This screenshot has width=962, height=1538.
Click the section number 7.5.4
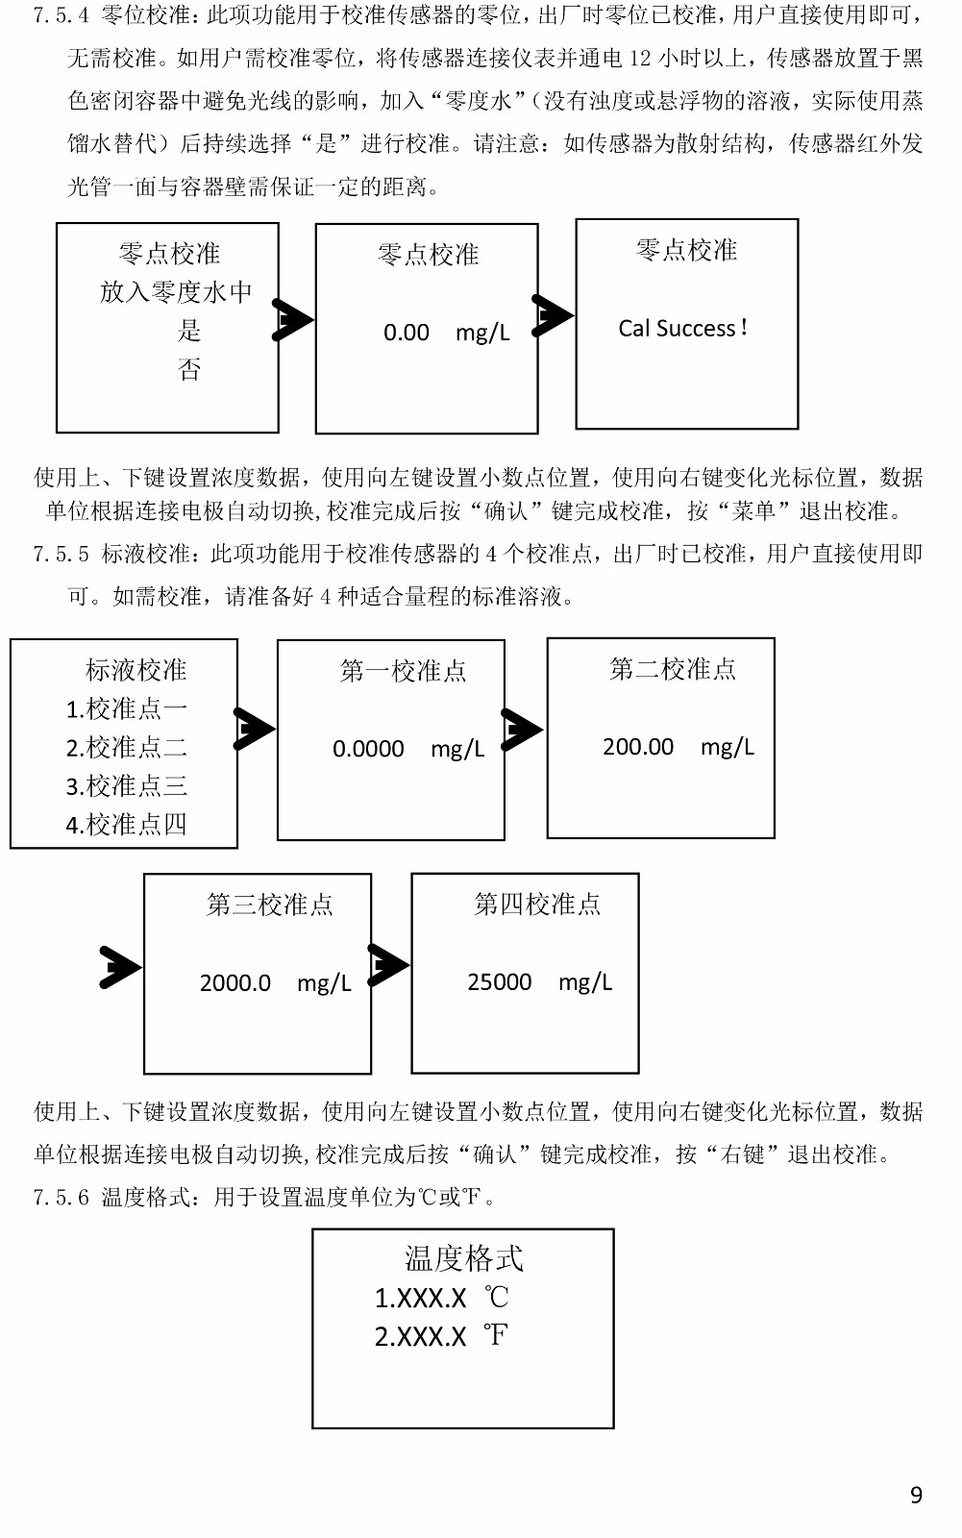tap(62, 15)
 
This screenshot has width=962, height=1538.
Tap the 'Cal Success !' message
tap(682, 328)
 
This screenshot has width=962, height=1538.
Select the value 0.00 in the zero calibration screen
tap(407, 333)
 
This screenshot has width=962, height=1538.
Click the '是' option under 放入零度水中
tap(189, 331)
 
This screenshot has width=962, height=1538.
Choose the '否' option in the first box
tap(189, 369)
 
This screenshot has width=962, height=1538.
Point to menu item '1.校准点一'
tap(126, 708)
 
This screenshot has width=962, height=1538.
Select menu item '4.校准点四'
tap(126, 824)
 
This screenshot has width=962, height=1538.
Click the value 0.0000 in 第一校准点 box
tap(368, 749)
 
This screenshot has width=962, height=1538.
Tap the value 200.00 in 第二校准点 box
tap(638, 746)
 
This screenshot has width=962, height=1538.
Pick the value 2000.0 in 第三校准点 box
tap(234, 983)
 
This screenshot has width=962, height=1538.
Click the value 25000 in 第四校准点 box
tap(499, 981)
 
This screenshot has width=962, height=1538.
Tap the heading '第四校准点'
tap(537, 905)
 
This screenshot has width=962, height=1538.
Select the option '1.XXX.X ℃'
tap(441, 1298)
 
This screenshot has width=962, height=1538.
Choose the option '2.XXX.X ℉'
tap(441, 1336)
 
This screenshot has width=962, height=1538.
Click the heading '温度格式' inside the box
tap(463, 1258)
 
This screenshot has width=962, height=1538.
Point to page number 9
tap(916, 1495)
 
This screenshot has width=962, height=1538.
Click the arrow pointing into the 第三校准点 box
tap(120, 967)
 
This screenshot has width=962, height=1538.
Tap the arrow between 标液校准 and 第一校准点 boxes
tap(255, 729)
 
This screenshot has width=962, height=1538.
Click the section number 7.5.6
tap(62, 1198)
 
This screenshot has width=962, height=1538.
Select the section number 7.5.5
tap(62, 554)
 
